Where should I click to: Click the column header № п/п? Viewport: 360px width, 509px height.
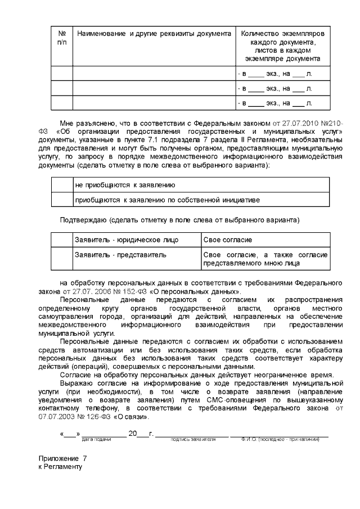(62, 38)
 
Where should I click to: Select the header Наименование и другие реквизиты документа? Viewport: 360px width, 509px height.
(154, 34)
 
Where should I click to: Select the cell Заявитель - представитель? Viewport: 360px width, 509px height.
(120, 255)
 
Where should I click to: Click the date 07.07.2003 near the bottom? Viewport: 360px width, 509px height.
(57, 417)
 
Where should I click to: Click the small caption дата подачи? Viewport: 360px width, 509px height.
(96, 439)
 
